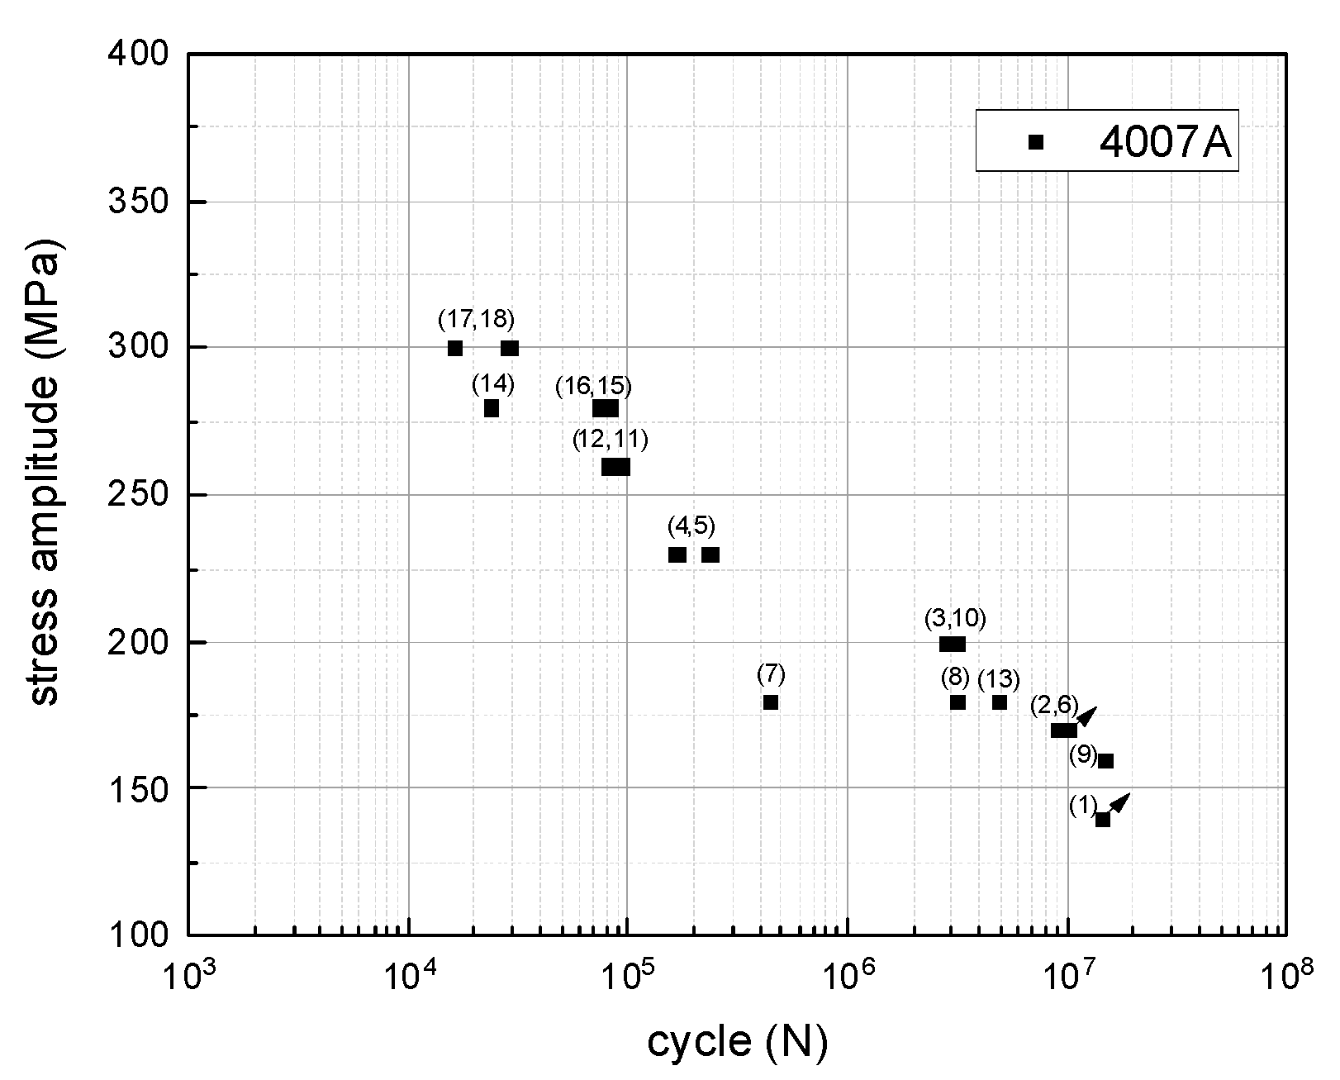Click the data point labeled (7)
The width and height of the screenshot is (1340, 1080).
[x=771, y=702]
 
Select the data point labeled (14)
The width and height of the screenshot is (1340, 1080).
[x=492, y=408]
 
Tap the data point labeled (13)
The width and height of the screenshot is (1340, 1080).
[x=1000, y=702]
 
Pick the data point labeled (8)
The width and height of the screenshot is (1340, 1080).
[x=957, y=702]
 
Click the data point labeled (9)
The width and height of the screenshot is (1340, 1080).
[x=1106, y=761]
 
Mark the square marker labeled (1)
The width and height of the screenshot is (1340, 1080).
[x=1103, y=820]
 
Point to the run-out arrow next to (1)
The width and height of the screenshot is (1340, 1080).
[x=1121, y=801]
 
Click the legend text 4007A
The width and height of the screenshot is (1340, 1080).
[x=1165, y=142]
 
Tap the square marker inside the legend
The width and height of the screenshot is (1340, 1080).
[x=1036, y=142]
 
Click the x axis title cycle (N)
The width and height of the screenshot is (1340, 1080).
[x=737, y=1043]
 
